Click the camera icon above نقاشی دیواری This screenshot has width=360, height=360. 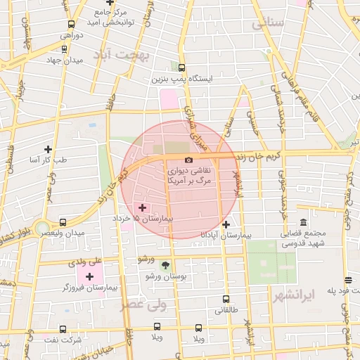[x=188, y=161]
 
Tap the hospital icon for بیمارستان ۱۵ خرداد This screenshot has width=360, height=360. [x=143, y=207]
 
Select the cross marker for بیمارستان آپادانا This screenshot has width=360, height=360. [x=225, y=225]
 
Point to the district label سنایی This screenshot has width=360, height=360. [x=267, y=23]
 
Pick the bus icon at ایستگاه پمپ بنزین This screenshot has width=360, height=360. [x=181, y=68]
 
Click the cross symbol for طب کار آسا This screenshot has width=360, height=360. [x=48, y=149]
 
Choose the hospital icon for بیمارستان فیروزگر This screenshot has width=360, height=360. [x=89, y=276]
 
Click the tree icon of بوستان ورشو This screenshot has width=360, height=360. [x=165, y=265]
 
